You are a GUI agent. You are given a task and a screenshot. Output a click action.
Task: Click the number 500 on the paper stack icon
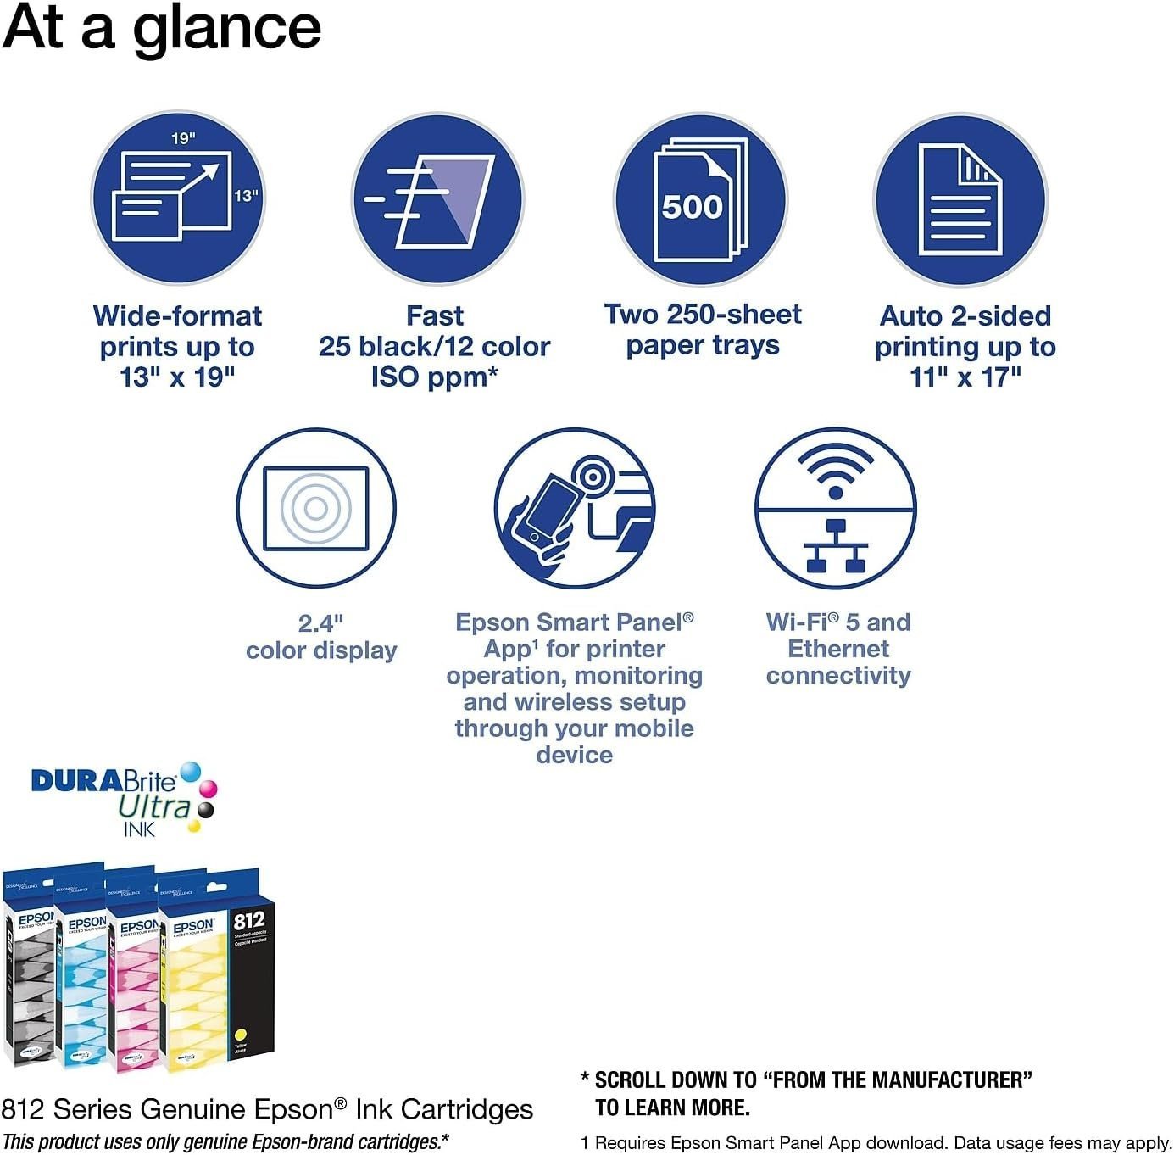[x=692, y=207]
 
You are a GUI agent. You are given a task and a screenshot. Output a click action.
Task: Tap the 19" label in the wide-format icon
[x=183, y=138]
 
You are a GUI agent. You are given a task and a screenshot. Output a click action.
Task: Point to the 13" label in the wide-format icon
[x=246, y=196]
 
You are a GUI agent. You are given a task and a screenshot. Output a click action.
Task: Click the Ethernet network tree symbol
[x=836, y=547]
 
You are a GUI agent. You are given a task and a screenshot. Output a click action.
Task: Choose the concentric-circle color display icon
[x=316, y=508]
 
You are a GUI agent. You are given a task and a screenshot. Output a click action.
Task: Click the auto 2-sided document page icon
[x=960, y=201]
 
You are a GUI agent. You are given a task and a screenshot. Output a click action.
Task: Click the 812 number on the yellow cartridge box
[x=249, y=920]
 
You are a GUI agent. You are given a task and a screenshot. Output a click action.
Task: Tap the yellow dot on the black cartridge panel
[x=240, y=1034]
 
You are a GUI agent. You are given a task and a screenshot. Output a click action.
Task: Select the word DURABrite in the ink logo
[x=103, y=780]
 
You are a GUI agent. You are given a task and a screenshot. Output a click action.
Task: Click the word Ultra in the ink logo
[x=154, y=806]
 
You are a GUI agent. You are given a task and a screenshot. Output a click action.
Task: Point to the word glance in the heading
[x=227, y=27]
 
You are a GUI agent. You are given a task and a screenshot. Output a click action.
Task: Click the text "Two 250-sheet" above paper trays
[x=703, y=315]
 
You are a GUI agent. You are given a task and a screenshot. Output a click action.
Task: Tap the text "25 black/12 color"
[x=435, y=347]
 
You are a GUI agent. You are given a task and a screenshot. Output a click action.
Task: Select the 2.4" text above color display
[x=320, y=623]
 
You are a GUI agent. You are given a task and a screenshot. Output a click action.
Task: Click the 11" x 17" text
[x=965, y=377]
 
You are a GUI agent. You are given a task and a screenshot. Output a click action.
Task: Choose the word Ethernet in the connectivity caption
[x=838, y=649]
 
